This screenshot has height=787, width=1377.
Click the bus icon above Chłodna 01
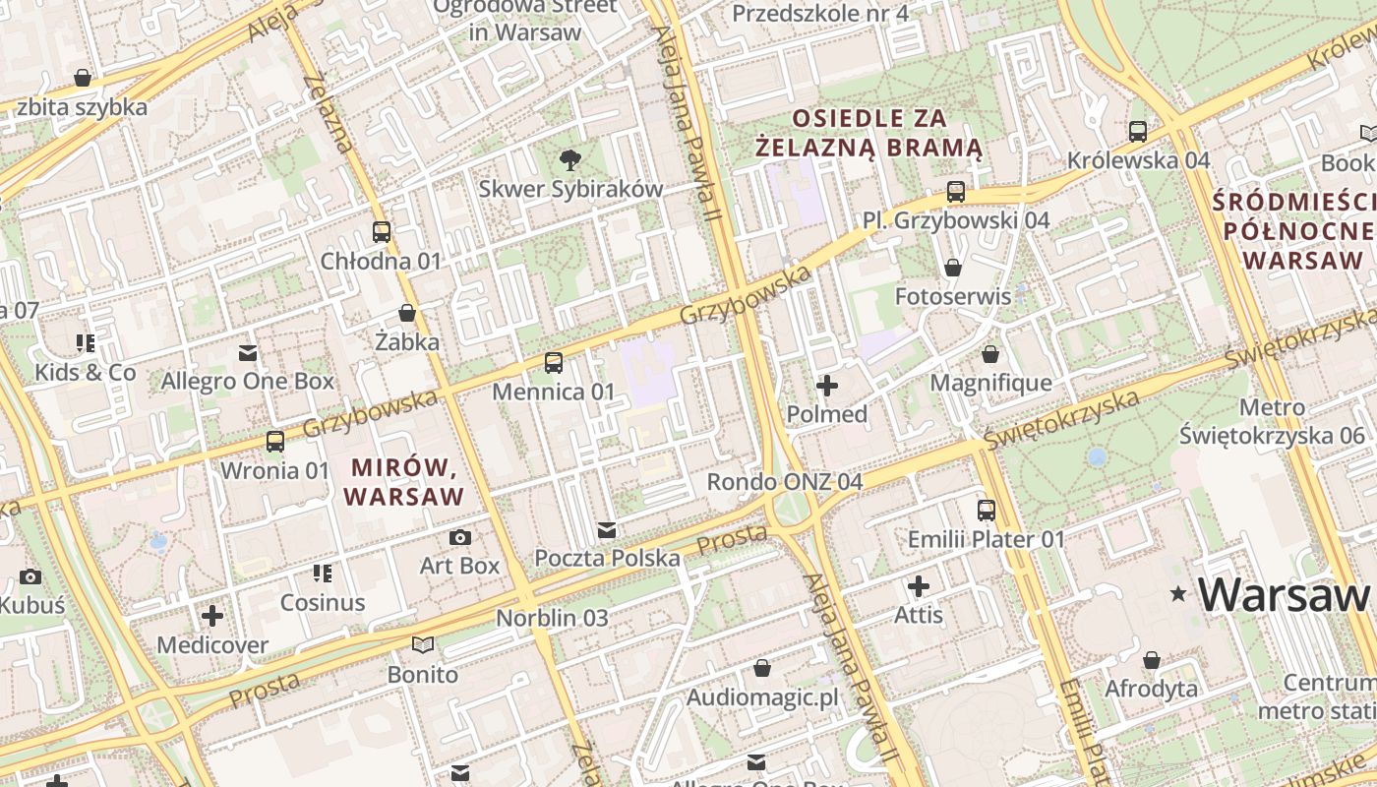pos(382,232)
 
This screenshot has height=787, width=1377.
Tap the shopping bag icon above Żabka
pos(407,314)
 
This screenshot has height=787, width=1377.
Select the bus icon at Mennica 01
pos(554,363)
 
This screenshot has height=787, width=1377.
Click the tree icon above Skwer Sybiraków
pos(569,159)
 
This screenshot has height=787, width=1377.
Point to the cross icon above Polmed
pos(827,386)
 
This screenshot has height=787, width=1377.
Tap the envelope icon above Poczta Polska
pos(607,530)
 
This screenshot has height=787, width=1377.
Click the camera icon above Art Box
pos(459,537)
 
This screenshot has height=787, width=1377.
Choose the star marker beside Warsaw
pos(1177,593)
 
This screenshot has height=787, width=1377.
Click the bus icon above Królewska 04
pos(1138,131)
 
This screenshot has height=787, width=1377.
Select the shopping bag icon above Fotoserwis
pos(952,268)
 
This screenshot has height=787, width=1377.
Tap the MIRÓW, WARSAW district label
pos(404,480)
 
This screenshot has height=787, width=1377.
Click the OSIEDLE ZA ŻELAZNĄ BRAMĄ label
pos(869,133)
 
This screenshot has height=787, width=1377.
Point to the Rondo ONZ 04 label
pos(785,482)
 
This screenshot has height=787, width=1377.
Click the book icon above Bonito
pos(423,645)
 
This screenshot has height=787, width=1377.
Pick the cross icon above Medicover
pos(212,617)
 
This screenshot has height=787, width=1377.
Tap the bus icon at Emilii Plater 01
pos(987,511)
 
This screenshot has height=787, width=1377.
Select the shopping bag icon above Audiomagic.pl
pos(761,669)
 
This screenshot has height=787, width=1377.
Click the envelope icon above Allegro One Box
pos(248,352)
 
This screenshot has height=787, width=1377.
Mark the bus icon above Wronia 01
pos(275,442)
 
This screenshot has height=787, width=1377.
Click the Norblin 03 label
pos(552,618)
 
